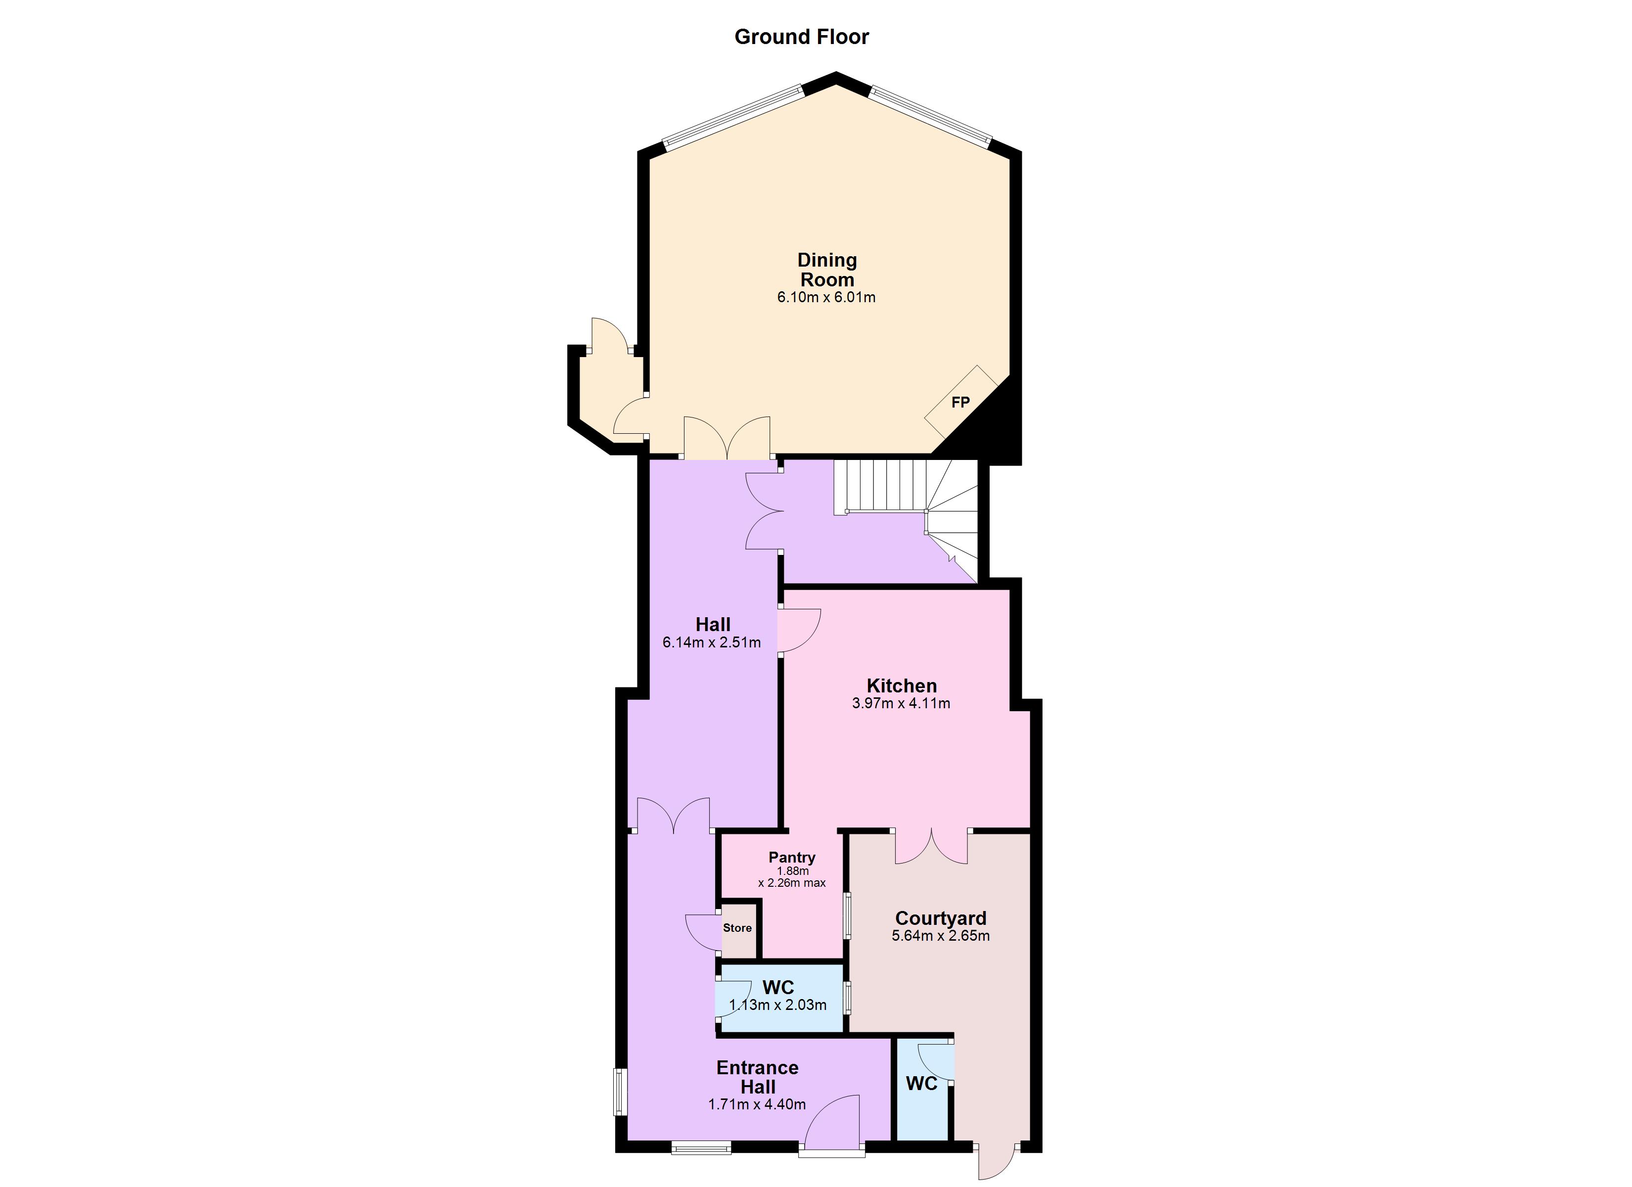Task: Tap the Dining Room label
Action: [x=827, y=270]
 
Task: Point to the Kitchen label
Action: [x=901, y=685]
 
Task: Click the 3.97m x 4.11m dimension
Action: [x=901, y=703]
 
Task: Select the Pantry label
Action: [x=792, y=857]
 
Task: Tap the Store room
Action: [x=737, y=929]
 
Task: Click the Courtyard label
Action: [x=941, y=918]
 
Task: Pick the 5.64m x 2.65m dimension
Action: [x=941, y=936]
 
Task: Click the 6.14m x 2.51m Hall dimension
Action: [x=711, y=642]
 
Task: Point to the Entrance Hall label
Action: [x=757, y=1077]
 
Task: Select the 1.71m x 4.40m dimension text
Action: [x=757, y=1104]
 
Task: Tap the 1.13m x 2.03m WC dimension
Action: [x=778, y=1005]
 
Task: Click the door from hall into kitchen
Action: [x=799, y=631]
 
